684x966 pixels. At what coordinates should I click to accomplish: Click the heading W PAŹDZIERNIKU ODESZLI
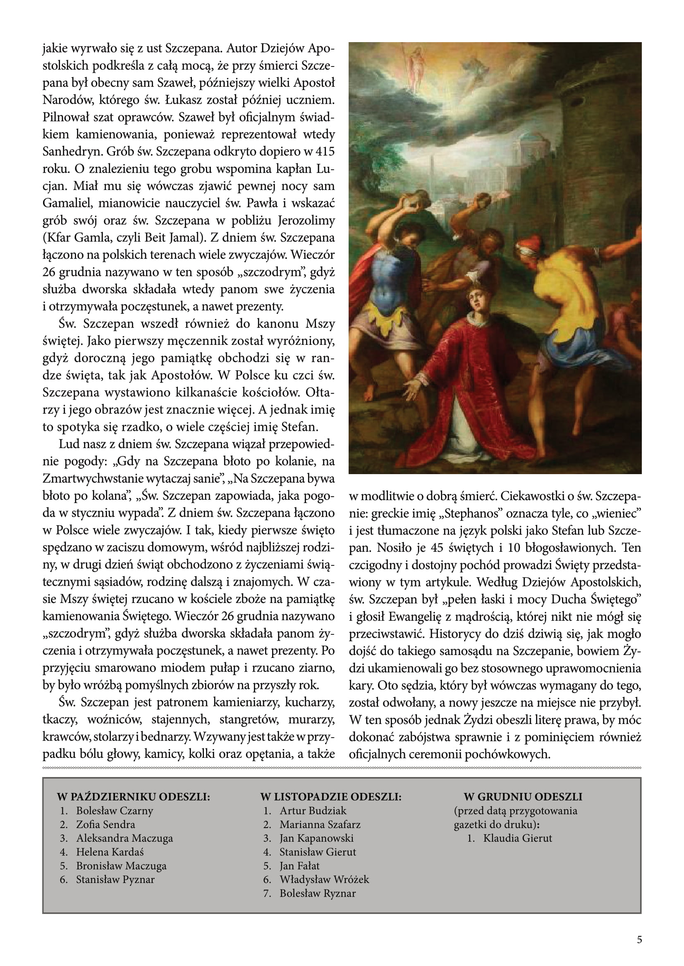pyautogui.click(x=133, y=796)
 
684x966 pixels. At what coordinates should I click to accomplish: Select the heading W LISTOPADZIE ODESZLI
pyautogui.click(x=331, y=796)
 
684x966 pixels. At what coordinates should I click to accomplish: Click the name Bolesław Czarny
pyautogui.click(x=114, y=810)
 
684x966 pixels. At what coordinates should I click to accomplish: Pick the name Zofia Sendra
pyautogui.click(x=105, y=824)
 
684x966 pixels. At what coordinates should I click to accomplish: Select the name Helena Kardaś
pyautogui.click(x=110, y=852)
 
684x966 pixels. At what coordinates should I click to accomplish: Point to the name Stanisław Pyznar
pyautogui.click(x=115, y=879)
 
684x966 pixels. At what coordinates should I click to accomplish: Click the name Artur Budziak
pyautogui.click(x=313, y=810)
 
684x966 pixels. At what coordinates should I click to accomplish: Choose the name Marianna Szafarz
pyautogui.click(x=320, y=824)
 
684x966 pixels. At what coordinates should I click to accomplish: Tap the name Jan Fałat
pyautogui.click(x=299, y=866)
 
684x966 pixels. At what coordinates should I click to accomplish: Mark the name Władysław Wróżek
pyautogui.click(x=324, y=879)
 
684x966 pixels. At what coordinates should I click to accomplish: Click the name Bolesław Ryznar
pyautogui.click(x=318, y=893)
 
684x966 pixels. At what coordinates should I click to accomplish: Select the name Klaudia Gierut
pyautogui.click(x=517, y=838)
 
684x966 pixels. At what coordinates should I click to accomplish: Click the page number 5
pyautogui.click(x=639, y=940)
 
